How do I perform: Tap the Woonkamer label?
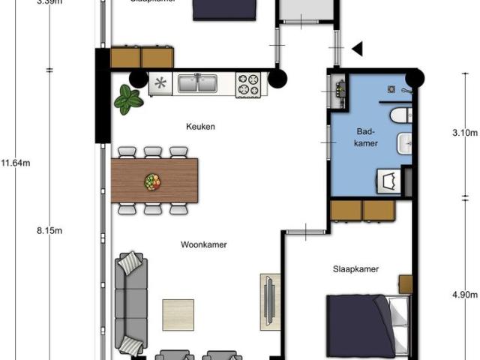pyautogui.click(x=204, y=244)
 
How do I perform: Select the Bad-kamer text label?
pyautogui.click(x=366, y=137)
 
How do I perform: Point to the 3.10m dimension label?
pyautogui.click(x=466, y=133)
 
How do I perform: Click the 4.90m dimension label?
pyautogui.click(x=466, y=295)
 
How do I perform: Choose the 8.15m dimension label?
pyautogui.click(x=49, y=231)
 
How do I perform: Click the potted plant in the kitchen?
pyautogui.click(x=129, y=99)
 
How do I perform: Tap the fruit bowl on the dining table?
pyautogui.click(x=153, y=181)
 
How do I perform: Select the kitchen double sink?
pyautogui.click(x=198, y=83)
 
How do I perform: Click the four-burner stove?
pyautogui.click(x=250, y=84)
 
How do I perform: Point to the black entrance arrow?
pyautogui.click(x=357, y=49)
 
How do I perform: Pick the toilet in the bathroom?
pyautogui.click(x=400, y=115)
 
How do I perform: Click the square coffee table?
pyautogui.click(x=178, y=315)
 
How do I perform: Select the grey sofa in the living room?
pyautogui.click(x=130, y=304)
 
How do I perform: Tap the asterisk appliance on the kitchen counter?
pyautogui.click(x=160, y=83)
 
